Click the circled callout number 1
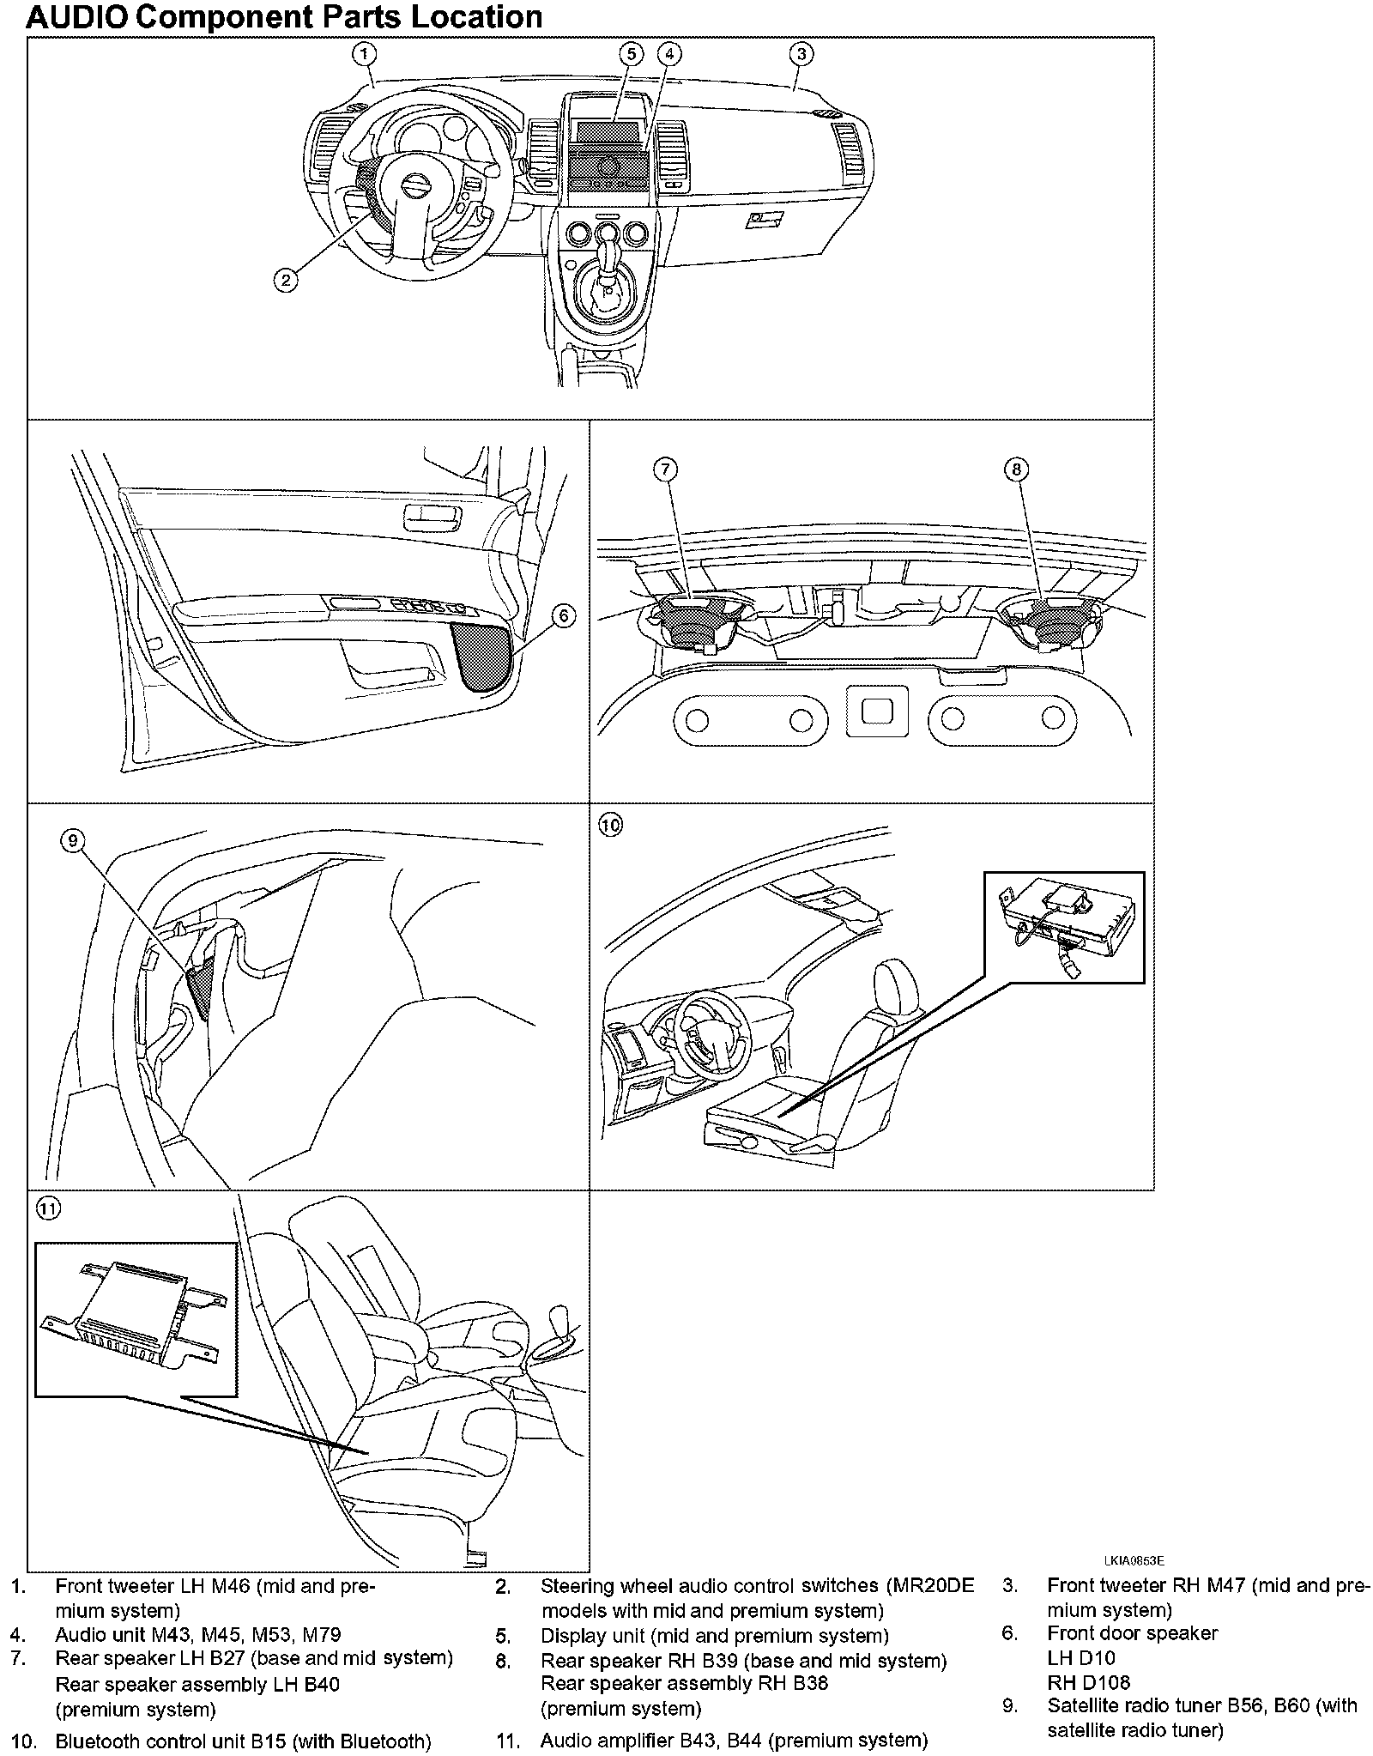[x=365, y=54]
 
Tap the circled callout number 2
[x=286, y=280]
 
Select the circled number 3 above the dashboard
[x=801, y=54]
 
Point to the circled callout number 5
[x=631, y=54]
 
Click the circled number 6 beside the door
[x=563, y=615]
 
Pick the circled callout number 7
[x=665, y=469]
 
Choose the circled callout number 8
[x=1017, y=469]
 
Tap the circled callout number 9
[x=73, y=841]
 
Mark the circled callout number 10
[x=610, y=826]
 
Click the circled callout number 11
[x=48, y=1208]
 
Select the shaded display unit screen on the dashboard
[x=608, y=132]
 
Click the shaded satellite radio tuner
[x=199, y=989]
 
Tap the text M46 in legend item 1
[x=230, y=1586]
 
